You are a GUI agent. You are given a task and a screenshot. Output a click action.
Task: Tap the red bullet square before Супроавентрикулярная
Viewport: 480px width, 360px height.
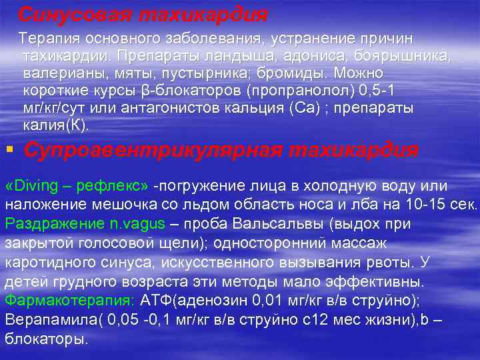tap(9, 149)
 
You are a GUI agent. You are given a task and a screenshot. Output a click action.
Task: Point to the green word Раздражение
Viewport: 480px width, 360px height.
tap(51, 223)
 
